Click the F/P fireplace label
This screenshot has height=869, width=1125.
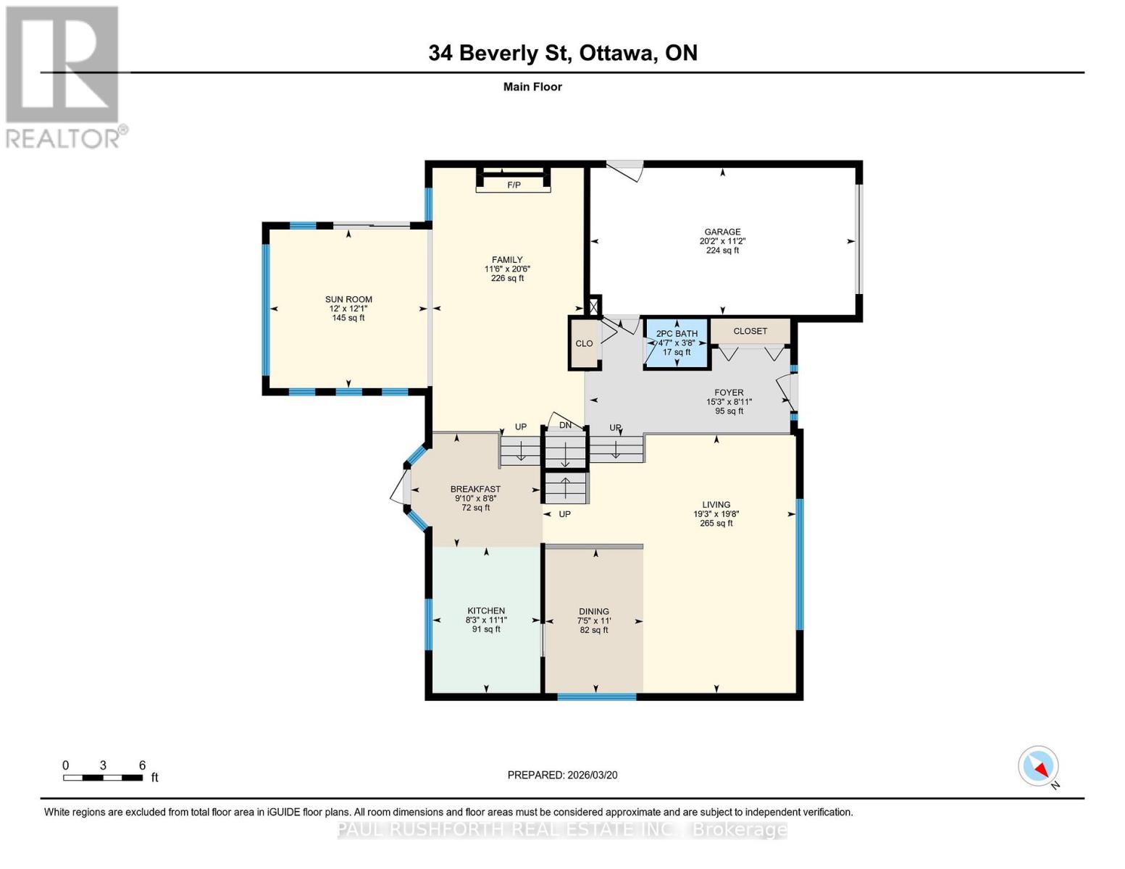click(514, 185)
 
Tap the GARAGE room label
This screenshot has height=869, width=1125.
click(722, 232)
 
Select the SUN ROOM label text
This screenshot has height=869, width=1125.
click(348, 299)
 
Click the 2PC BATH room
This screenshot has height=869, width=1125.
click(677, 343)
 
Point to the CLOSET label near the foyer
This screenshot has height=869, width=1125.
click(750, 331)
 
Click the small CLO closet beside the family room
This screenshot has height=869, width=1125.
click(584, 344)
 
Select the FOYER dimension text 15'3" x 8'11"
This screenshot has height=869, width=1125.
click(729, 402)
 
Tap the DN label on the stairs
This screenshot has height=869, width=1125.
click(565, 425)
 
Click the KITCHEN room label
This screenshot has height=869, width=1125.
click(486, 610)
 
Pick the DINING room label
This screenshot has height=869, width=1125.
click(594, 611)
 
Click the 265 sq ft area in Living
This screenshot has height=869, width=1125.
click(716, 524)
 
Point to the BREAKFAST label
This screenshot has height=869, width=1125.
click(475, 489)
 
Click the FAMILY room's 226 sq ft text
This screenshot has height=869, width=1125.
click(507, 278)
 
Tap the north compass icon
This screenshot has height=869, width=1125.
click(1039, 766)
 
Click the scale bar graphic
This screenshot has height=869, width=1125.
click(102, 778)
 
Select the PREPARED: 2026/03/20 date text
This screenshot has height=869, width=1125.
click(562, 775)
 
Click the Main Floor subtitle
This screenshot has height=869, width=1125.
click(532, 87)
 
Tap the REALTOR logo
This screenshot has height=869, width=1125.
click(64, 76)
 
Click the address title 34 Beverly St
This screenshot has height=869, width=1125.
click(563, 53)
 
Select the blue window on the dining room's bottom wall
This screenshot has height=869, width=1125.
click(596, 697)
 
